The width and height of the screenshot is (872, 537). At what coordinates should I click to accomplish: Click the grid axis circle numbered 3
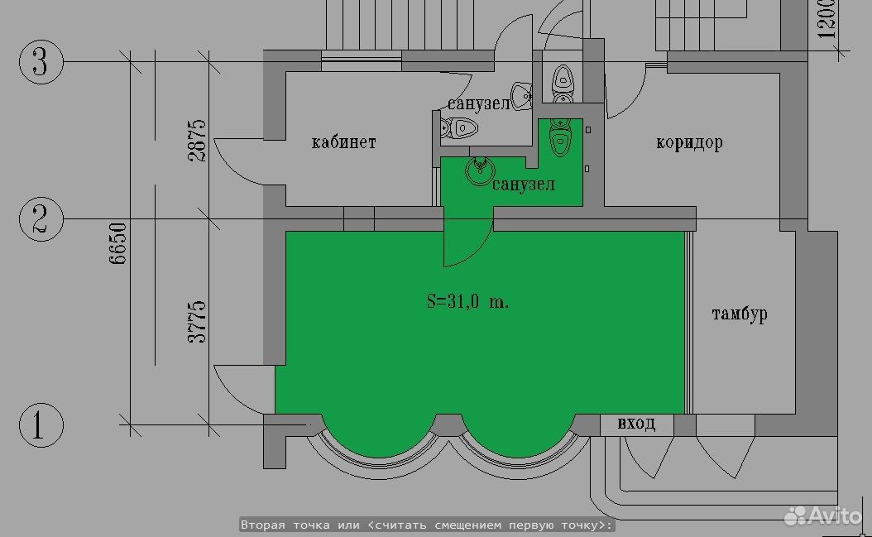pyautogui.click(x=41, y=61)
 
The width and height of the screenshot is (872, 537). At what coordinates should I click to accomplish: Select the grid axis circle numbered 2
pyautogui.click(x=41, y=218)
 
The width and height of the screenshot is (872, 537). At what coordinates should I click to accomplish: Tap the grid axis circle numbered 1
pyautogui.click(x=41, y=424)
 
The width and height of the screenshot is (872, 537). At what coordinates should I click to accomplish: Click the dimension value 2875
pyautogui.click(x=197, y=140)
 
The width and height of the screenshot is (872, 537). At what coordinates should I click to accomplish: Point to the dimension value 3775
pyautogui.click(x=197, y=322)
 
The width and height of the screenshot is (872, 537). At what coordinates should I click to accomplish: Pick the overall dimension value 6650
pyautogui.click(x=117, y=242)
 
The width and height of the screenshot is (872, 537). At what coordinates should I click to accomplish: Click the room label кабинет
pyautogui.click(x=343, y=141)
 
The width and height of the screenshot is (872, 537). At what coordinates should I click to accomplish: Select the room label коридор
pyautogui.click(x=690, y=142)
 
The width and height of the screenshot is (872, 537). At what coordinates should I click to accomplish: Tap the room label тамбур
pyautogui.click(x=740, y=314)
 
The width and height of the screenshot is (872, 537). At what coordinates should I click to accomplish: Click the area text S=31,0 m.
pyautogui.click(x=467, y=301)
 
